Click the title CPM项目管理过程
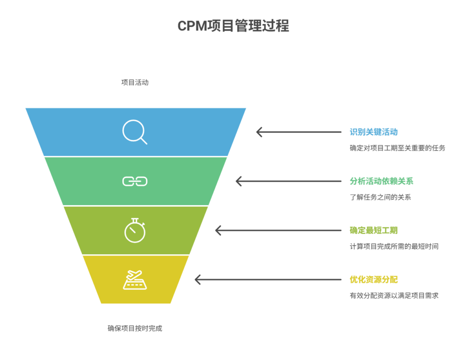[x=233, y=26]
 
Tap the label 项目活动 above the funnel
[x=135, y=82]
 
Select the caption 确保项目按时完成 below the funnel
[x=135, y=328]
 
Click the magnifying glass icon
[x=135, y=132]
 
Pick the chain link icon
[x=135, y=181]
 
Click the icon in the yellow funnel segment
[x=135, y=280]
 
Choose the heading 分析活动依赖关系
[x=381, y=181]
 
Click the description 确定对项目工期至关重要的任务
[x=397, y=148]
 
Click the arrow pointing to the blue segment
[x=299, y=132]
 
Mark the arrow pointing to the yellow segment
[x=268, y=279]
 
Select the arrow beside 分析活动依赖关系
[x=288, y=181]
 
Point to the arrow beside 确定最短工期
[x=278, y=230]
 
